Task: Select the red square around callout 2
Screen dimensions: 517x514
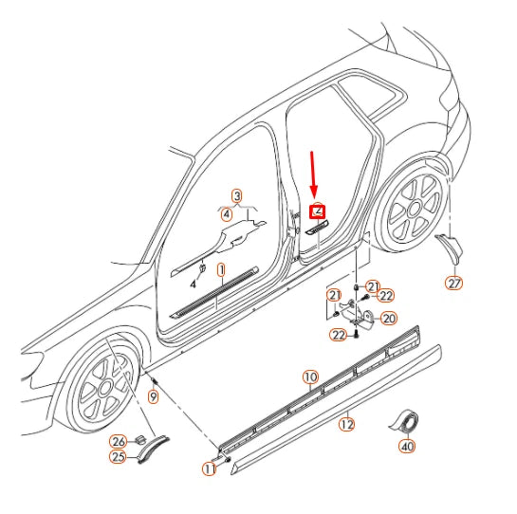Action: [317, 211]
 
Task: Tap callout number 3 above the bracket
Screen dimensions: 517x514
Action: [237, 196]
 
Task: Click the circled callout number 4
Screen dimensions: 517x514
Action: [227, 214]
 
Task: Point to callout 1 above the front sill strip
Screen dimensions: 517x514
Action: [222, 270]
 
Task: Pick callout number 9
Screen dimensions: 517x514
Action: [154, 396]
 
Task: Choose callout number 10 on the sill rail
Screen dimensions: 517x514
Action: [310, 377]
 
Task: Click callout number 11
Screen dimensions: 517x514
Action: [209, 468]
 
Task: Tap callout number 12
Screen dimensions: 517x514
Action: [347, 424]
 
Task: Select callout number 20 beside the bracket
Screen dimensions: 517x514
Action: [389, 319]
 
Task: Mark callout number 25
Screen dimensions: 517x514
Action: [118, 457]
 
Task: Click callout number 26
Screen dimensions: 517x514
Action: [118, 441]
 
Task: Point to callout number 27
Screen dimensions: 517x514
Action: [454, 284]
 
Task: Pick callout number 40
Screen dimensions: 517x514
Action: [407, 447]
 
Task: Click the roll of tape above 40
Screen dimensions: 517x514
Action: [404, 421]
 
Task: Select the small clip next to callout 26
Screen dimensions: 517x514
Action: [140, 439]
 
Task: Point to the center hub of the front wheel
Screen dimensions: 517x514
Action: [105, 389]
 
